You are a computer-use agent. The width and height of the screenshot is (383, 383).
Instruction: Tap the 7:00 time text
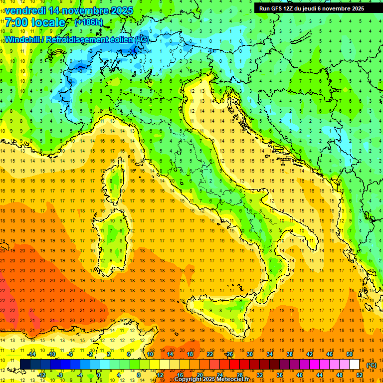pyautogui.click(x=16, y=22)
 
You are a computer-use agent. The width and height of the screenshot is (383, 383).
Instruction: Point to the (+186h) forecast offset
pyautogui.click(x=88, y=22)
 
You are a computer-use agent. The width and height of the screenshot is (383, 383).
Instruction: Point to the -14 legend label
pyautogui.click(x=32, y=354)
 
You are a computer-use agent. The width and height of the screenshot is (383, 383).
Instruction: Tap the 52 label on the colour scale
pyautogui.click(x=360, y=375)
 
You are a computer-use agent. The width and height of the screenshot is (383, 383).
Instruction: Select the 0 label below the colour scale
pyautogui.click(x=99, y=375)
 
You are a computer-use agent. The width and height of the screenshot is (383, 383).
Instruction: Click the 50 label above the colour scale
pyautogui.click(x=349, y=354)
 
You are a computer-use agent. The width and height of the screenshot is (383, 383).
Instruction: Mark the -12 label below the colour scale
pyautogui.click(x=41, y=375)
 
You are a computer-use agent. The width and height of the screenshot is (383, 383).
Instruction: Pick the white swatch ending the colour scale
pyautogui.click(x=355, y=365)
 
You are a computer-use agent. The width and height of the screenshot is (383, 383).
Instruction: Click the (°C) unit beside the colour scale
pyautogui.click(x=371, y=365)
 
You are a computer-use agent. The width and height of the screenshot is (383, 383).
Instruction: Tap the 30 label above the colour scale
pyautogui.click(x=249, y=354)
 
